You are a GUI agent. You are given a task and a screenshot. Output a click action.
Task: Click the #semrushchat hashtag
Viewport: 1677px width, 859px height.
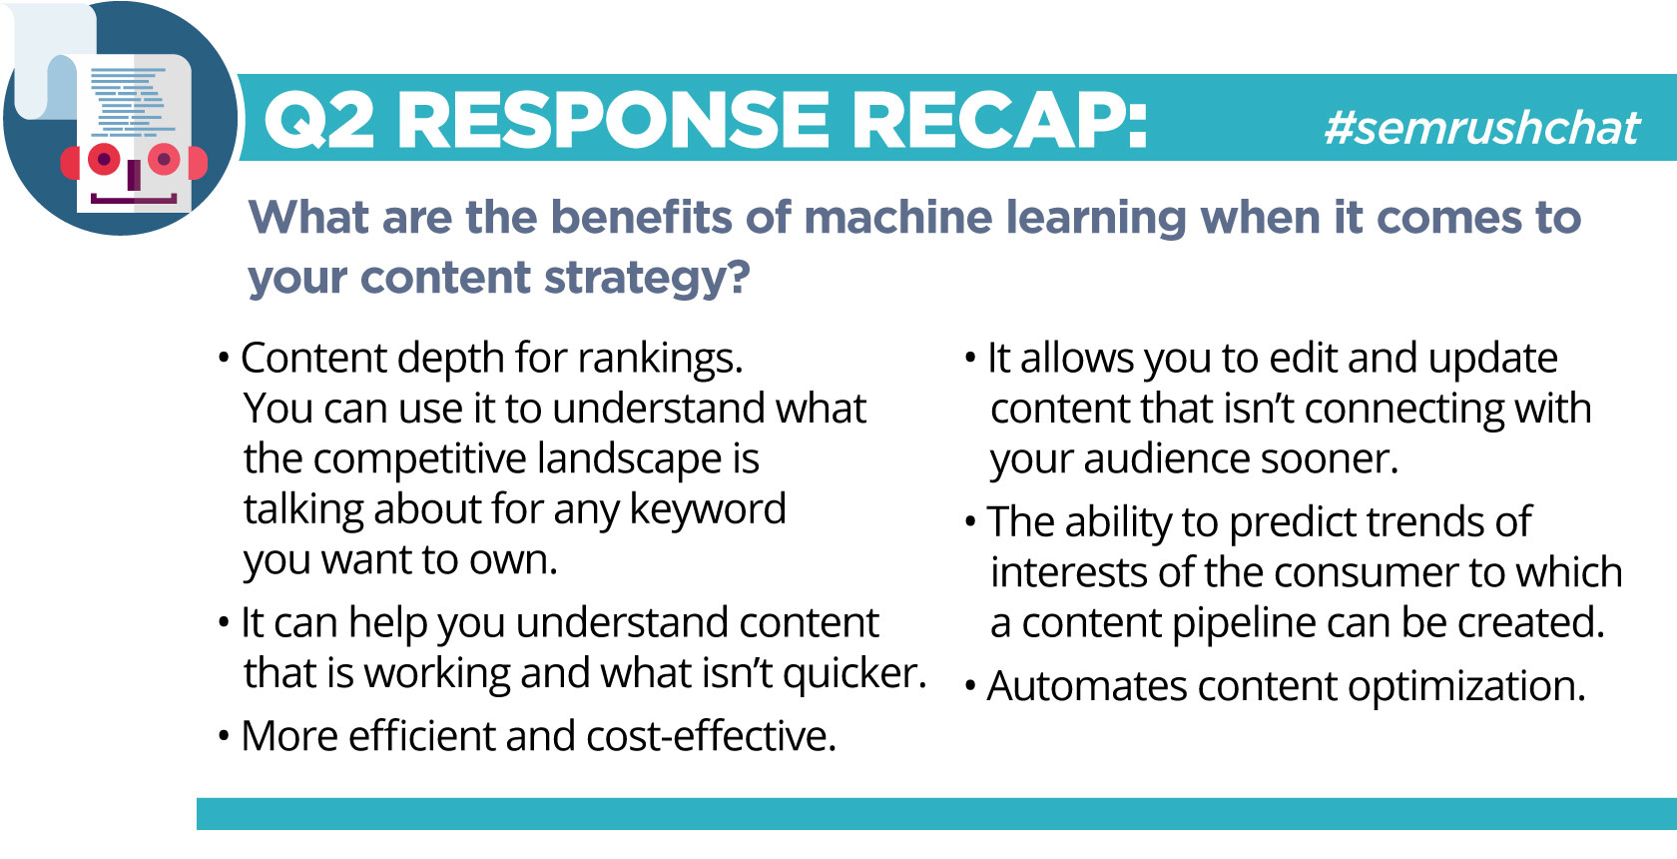pos(1481,127)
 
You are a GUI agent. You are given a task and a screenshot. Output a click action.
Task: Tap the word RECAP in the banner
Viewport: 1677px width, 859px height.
pos(998,120)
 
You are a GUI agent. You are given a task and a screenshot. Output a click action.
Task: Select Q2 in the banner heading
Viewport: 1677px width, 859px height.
pos(318,121)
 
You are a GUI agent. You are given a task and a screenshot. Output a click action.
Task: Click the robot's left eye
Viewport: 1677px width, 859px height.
pos(104,159)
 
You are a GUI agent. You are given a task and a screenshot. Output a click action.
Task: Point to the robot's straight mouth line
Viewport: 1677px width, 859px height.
pos(134,199)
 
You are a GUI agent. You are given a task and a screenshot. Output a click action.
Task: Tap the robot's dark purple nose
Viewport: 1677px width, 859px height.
pos(134,175)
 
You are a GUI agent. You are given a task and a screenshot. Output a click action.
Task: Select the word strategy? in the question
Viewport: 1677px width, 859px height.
pos(647,280)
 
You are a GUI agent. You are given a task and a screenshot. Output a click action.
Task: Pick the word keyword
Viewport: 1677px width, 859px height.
pos(708,510)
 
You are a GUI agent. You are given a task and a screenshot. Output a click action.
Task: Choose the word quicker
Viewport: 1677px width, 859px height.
pos(854,674)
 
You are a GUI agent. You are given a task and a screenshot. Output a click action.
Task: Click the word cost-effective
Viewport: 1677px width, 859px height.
pos(711,735)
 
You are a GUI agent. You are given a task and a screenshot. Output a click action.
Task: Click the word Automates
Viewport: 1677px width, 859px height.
pos(1087,686)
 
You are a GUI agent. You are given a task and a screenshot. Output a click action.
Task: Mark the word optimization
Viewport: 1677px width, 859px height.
pos(1465,686)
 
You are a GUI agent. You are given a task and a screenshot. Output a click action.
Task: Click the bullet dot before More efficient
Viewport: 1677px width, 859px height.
pos(224,736)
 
